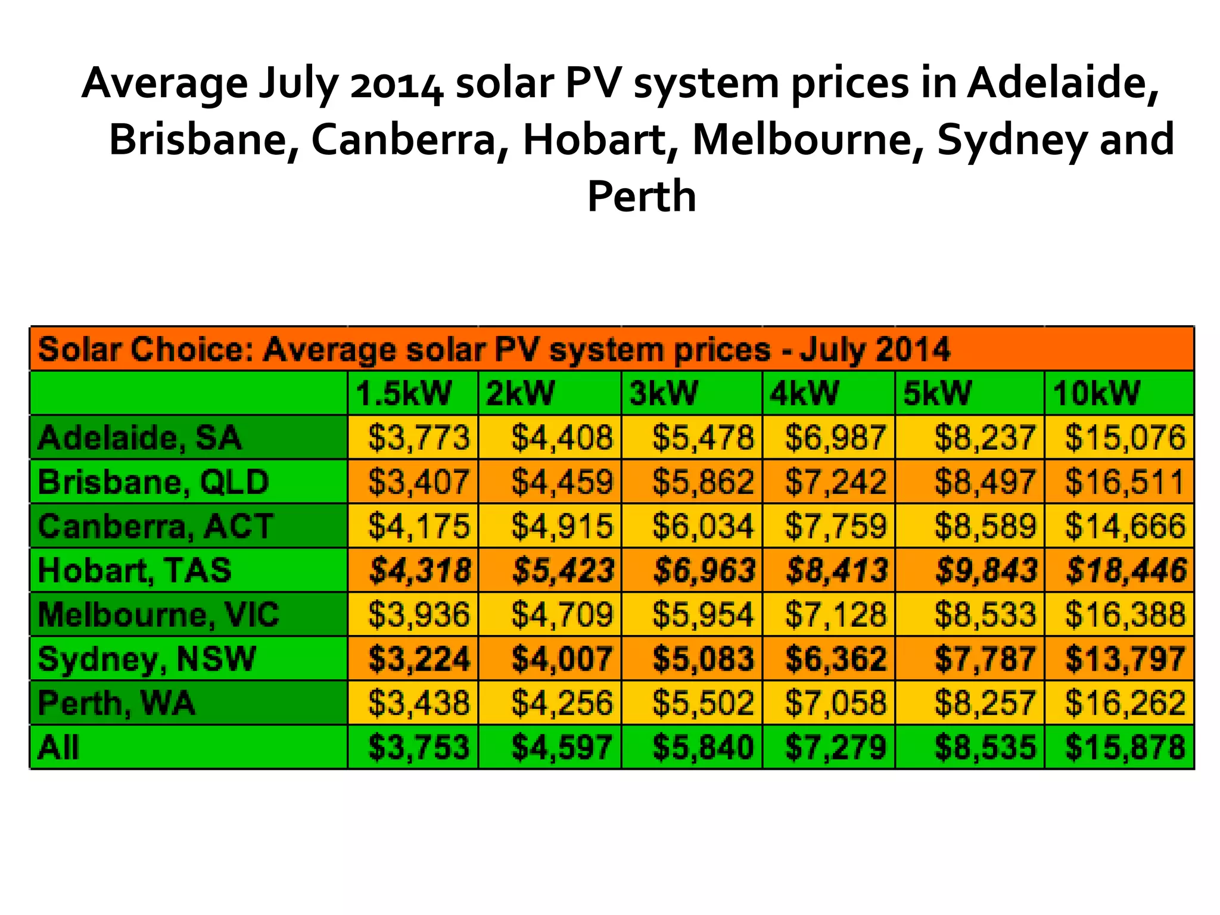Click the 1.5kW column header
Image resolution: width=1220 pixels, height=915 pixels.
(x=404, y=393)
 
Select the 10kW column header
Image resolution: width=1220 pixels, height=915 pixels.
(x=1096, y=393)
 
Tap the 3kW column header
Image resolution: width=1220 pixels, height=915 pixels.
(x=663, y=393)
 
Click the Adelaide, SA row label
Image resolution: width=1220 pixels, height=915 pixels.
(x=139, y=437)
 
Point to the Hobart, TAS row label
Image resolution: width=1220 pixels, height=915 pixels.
(x=135, y=570)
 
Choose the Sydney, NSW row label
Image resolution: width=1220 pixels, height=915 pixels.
(x=147, y=659)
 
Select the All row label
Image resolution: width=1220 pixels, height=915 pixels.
(x=58, y=747)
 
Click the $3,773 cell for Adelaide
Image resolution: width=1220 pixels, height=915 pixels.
(x=419, y=437)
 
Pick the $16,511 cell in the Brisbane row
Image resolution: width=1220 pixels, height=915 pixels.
(x=1124, y=481)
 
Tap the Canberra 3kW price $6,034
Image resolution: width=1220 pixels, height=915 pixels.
(x=703, y=526)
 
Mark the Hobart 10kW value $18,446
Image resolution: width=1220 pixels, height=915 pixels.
(x=1125, y=570)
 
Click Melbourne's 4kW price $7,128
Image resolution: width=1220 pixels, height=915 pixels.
(x=836, y=614)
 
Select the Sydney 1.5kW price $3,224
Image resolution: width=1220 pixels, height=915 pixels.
(x=419, y=659)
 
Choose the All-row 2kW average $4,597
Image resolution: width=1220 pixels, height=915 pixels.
(x=562, y=747)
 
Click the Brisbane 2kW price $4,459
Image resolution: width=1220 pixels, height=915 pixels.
(x=562, y=481)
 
